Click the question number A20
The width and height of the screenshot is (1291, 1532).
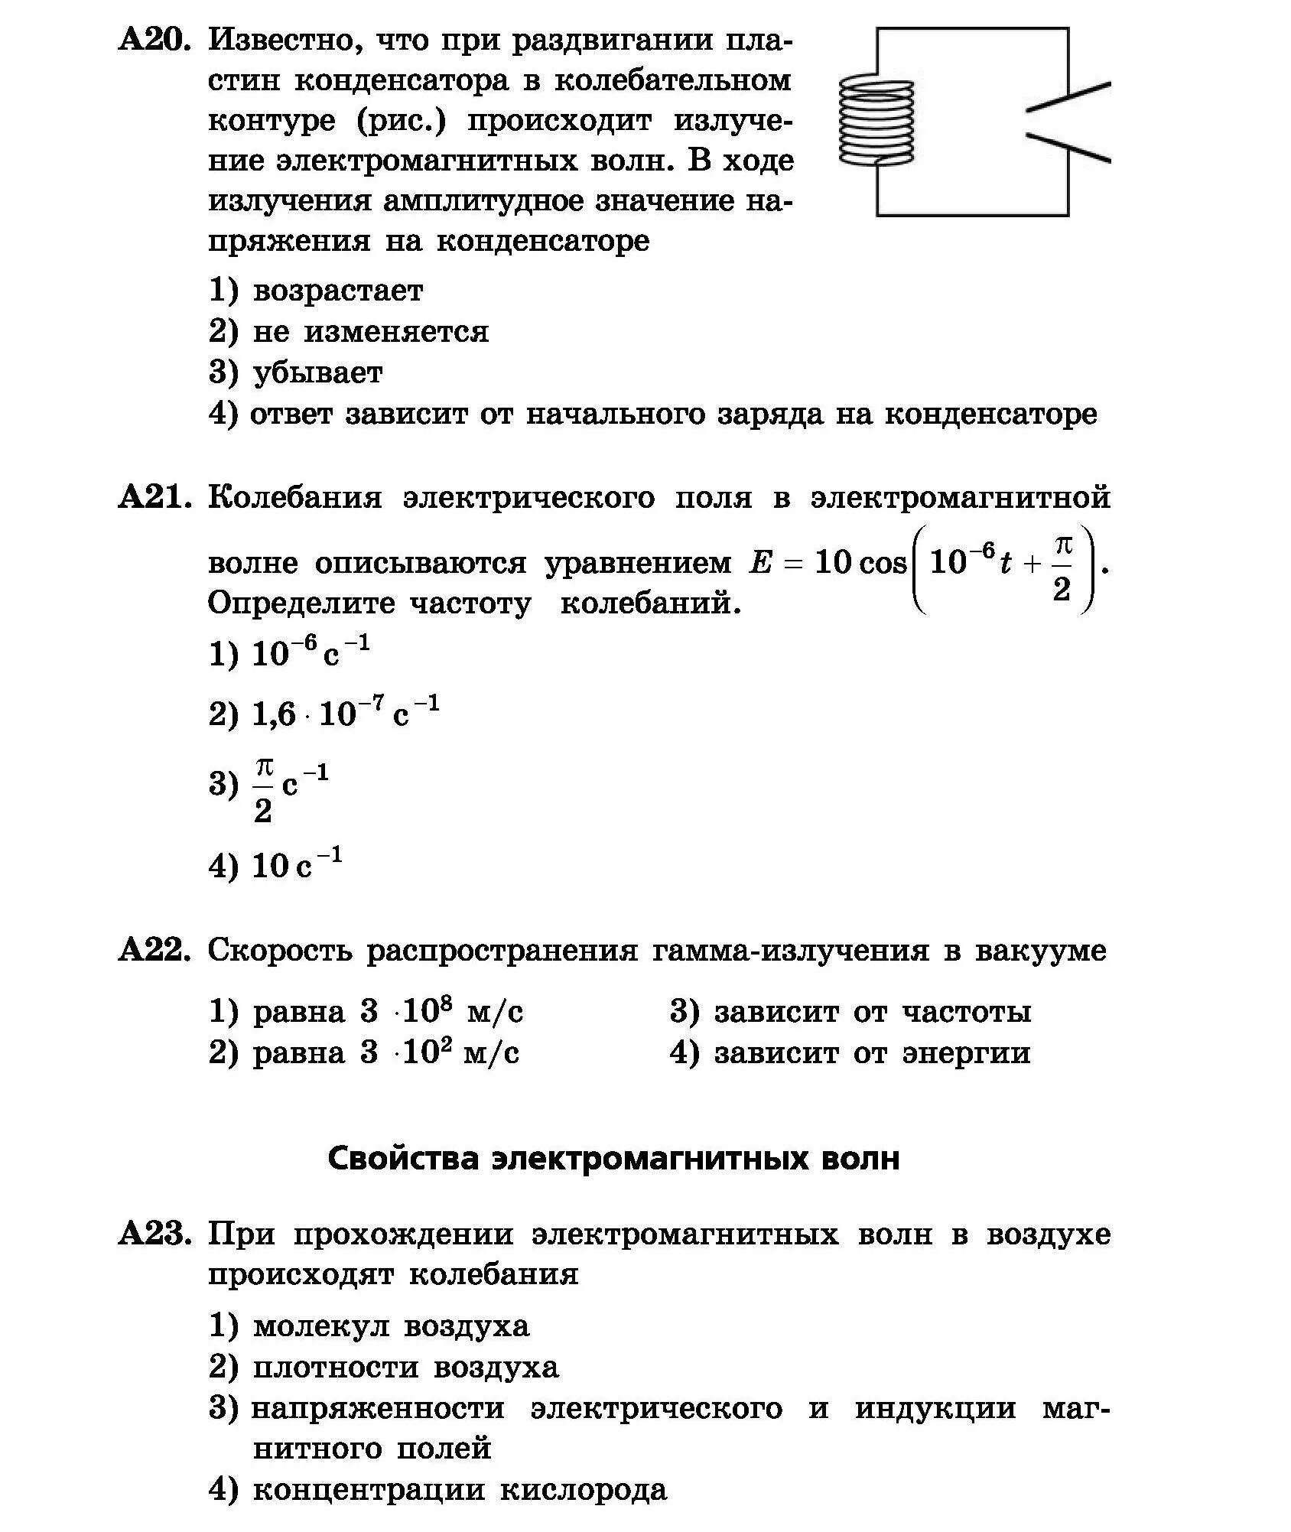click(x=154, y=40)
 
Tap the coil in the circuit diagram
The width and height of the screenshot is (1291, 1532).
click(x=877, y=122)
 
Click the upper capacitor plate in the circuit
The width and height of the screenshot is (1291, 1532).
click(x=1068, y=97)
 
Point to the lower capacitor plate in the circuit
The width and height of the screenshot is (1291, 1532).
click(x=1068, y=148)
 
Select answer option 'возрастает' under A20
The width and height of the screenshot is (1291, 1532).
click(x=337, y=291)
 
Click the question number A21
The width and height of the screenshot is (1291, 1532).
click(x=154, y=498)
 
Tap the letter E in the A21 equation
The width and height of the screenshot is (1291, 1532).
click(x=761, y=564)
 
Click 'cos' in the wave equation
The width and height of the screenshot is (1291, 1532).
click(x=883, y=564)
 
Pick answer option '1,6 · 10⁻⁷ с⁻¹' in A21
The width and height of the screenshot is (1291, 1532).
click(x=344, y=713)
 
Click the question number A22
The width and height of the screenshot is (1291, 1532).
click(x=154, y=951)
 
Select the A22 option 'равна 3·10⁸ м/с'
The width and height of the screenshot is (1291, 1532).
click(x=387, y=1013)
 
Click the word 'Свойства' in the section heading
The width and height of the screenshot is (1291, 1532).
click(x=403, y=1160)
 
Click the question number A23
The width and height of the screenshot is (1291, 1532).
click(x=154, y=1234)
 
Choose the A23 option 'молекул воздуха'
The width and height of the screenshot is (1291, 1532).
click(x=390, y=1325)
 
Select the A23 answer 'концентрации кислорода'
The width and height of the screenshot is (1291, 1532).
click(x=459, y=1490)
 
